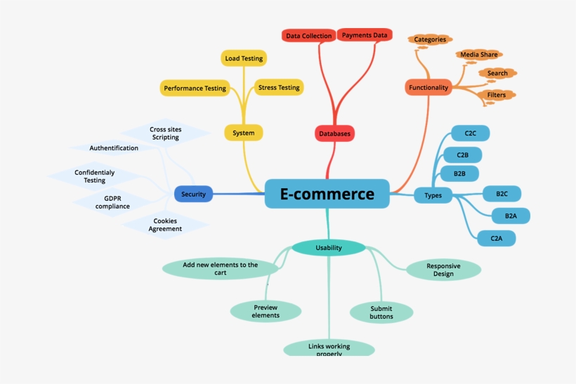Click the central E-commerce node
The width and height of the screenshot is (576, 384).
[327, 194]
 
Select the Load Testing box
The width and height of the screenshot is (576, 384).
[244, 59]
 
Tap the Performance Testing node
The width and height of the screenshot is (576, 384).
[195, 88]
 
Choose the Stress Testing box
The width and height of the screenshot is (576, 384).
[279, 88]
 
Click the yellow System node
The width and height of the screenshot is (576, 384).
[244, 133]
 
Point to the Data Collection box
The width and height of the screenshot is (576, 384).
[308, 36]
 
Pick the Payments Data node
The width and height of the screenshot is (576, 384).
[365, 34]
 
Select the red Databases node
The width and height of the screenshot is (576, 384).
[334, 133]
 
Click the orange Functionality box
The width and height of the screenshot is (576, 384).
[428, 88]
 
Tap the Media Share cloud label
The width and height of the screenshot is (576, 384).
[479, 55]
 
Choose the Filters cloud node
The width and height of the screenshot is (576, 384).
[496, 95]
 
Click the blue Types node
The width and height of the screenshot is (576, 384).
[433, 195]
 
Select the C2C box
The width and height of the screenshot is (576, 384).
[471, 133]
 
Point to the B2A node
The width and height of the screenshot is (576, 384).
[511, 216]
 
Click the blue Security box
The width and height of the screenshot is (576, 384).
[193, 194]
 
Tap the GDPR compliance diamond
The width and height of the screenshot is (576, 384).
[112, 202]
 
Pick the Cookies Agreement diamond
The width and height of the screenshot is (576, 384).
[165, 225]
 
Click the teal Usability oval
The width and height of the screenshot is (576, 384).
[329, 247]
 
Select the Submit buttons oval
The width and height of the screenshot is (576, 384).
[381, 312]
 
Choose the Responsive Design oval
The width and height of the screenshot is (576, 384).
[443, 270]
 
